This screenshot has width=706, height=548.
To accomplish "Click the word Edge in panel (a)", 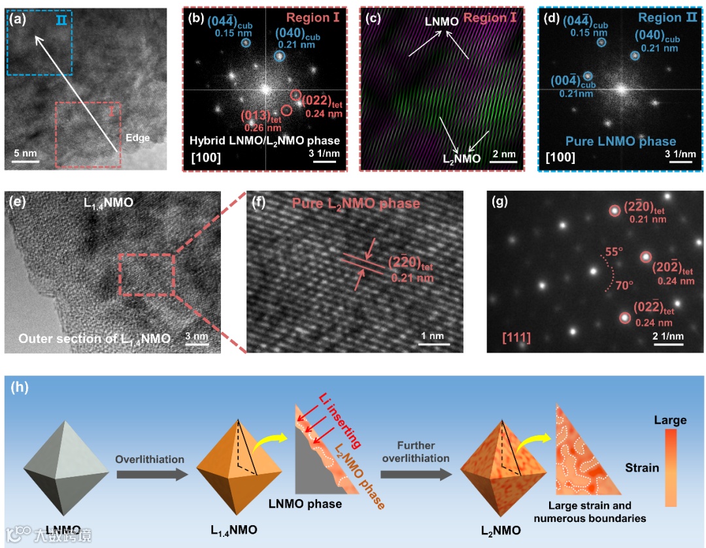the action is coord(138,138).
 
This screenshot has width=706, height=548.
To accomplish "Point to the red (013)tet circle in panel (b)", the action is coord(286,110).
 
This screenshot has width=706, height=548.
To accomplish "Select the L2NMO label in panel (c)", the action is coord(461,158).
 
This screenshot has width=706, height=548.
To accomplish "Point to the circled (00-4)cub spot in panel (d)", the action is coord(588,76).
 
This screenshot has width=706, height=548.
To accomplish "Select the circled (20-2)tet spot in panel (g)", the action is coord(646,257).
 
